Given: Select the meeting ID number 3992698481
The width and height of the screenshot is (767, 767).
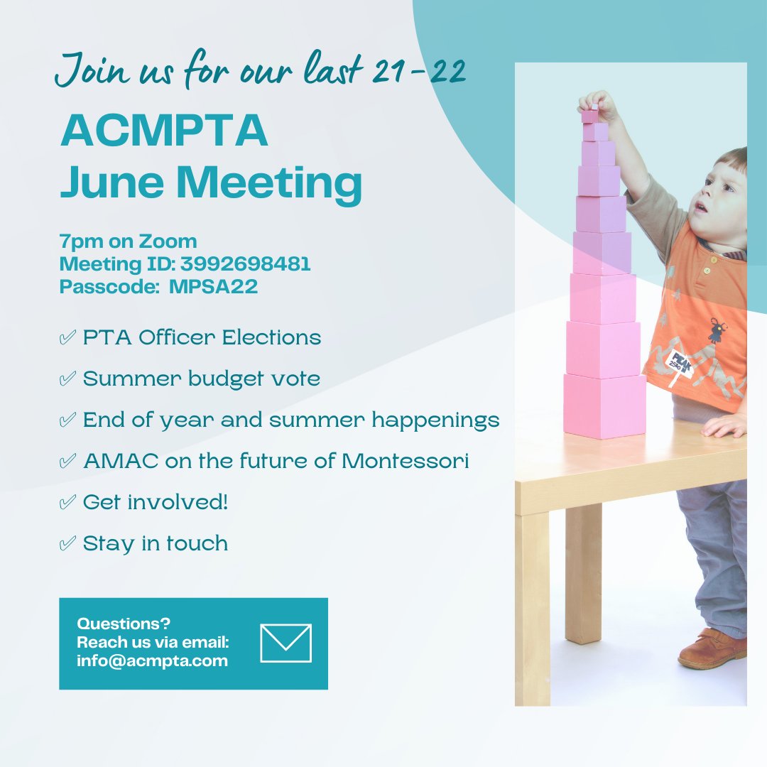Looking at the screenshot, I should (x=245, y=264).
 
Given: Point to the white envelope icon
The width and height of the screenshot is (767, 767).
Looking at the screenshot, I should (x=286, y=643).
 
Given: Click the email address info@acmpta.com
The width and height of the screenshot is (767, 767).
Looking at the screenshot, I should (x=152, y=660).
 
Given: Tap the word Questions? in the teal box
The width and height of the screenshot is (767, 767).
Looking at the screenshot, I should (x=124, y=624).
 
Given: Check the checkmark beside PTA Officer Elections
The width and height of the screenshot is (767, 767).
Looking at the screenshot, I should (x=68, y=338).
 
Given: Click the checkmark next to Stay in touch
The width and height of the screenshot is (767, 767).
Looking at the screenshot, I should (x=68, y=544).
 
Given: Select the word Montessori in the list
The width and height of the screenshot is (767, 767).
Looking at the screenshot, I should (x=405, y=461).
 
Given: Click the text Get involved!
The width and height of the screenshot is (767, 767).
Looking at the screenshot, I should (x=156, y=502).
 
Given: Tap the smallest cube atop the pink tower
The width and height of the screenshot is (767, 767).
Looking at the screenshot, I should (x=590, y=116).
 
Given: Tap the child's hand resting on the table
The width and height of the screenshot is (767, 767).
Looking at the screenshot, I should (x=724, y=425).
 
